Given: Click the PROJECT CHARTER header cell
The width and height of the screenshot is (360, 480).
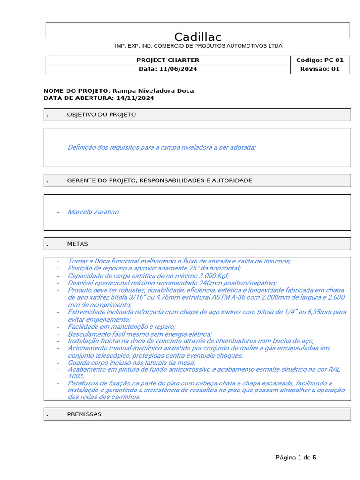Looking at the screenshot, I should (168, 60).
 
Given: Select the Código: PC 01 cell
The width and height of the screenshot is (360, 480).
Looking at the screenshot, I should (320, 60).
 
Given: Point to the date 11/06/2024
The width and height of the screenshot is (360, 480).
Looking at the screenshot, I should (178, 69).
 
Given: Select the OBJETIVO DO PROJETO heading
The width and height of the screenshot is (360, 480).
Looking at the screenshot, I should (102, 114).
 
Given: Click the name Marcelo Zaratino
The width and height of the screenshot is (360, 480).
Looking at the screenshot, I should (93, 212).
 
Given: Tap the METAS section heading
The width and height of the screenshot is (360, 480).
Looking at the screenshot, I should (77, 244).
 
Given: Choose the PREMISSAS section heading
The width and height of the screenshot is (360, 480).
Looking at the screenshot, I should (84, 414).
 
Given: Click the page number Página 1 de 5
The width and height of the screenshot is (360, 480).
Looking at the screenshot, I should (296, 457).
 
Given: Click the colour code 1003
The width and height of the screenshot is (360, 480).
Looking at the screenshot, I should (75, 376).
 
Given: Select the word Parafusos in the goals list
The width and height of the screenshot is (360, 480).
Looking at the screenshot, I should (82, 383).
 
